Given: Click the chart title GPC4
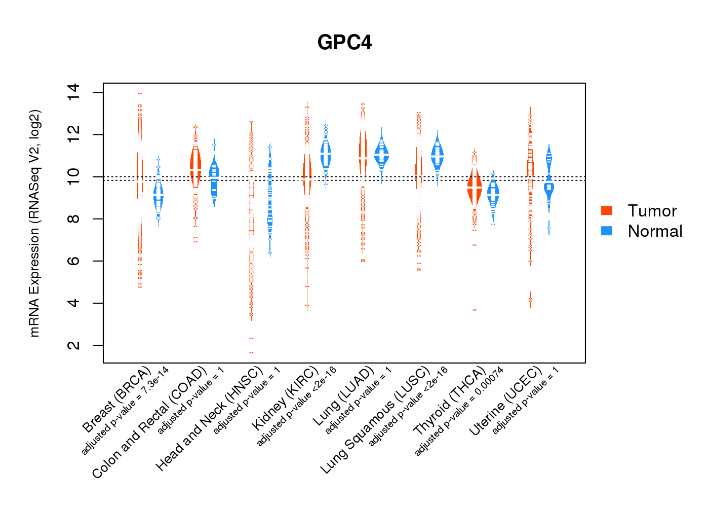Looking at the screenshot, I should [344, 43].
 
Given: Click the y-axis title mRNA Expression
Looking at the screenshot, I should [34, 223].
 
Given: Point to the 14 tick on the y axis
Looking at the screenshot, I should [73, 92].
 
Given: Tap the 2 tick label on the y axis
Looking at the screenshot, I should [73, 345].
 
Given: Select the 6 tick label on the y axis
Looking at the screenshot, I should [73, 261].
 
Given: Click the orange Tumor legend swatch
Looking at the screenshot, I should [607, 210].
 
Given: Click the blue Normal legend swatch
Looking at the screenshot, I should [607, 231].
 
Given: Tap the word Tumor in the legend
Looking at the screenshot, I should [652, 210].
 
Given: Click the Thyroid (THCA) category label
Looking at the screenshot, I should [450, 401].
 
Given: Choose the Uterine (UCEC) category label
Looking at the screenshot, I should [505, 401].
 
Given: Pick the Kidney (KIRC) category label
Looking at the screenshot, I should [286, 397].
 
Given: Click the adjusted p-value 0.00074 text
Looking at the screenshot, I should [459, 411].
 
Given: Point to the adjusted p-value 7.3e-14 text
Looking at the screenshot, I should [125, 410].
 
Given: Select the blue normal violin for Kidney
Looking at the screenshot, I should [326, 153].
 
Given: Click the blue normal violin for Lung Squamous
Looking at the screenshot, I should [437, 155].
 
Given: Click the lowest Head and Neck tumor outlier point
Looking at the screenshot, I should [251, 352].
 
